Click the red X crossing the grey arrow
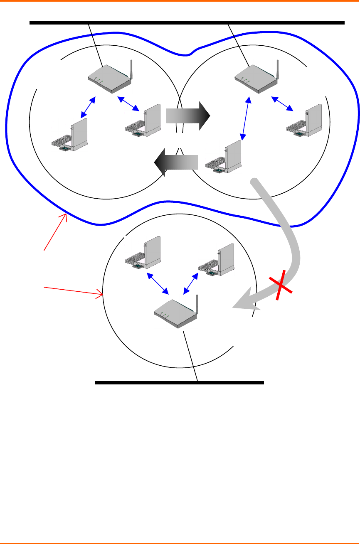(281, 285)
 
